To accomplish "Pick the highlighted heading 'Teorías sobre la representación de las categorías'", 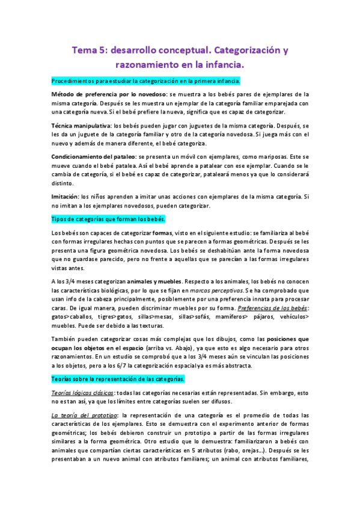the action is click(x=118, y=379).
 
